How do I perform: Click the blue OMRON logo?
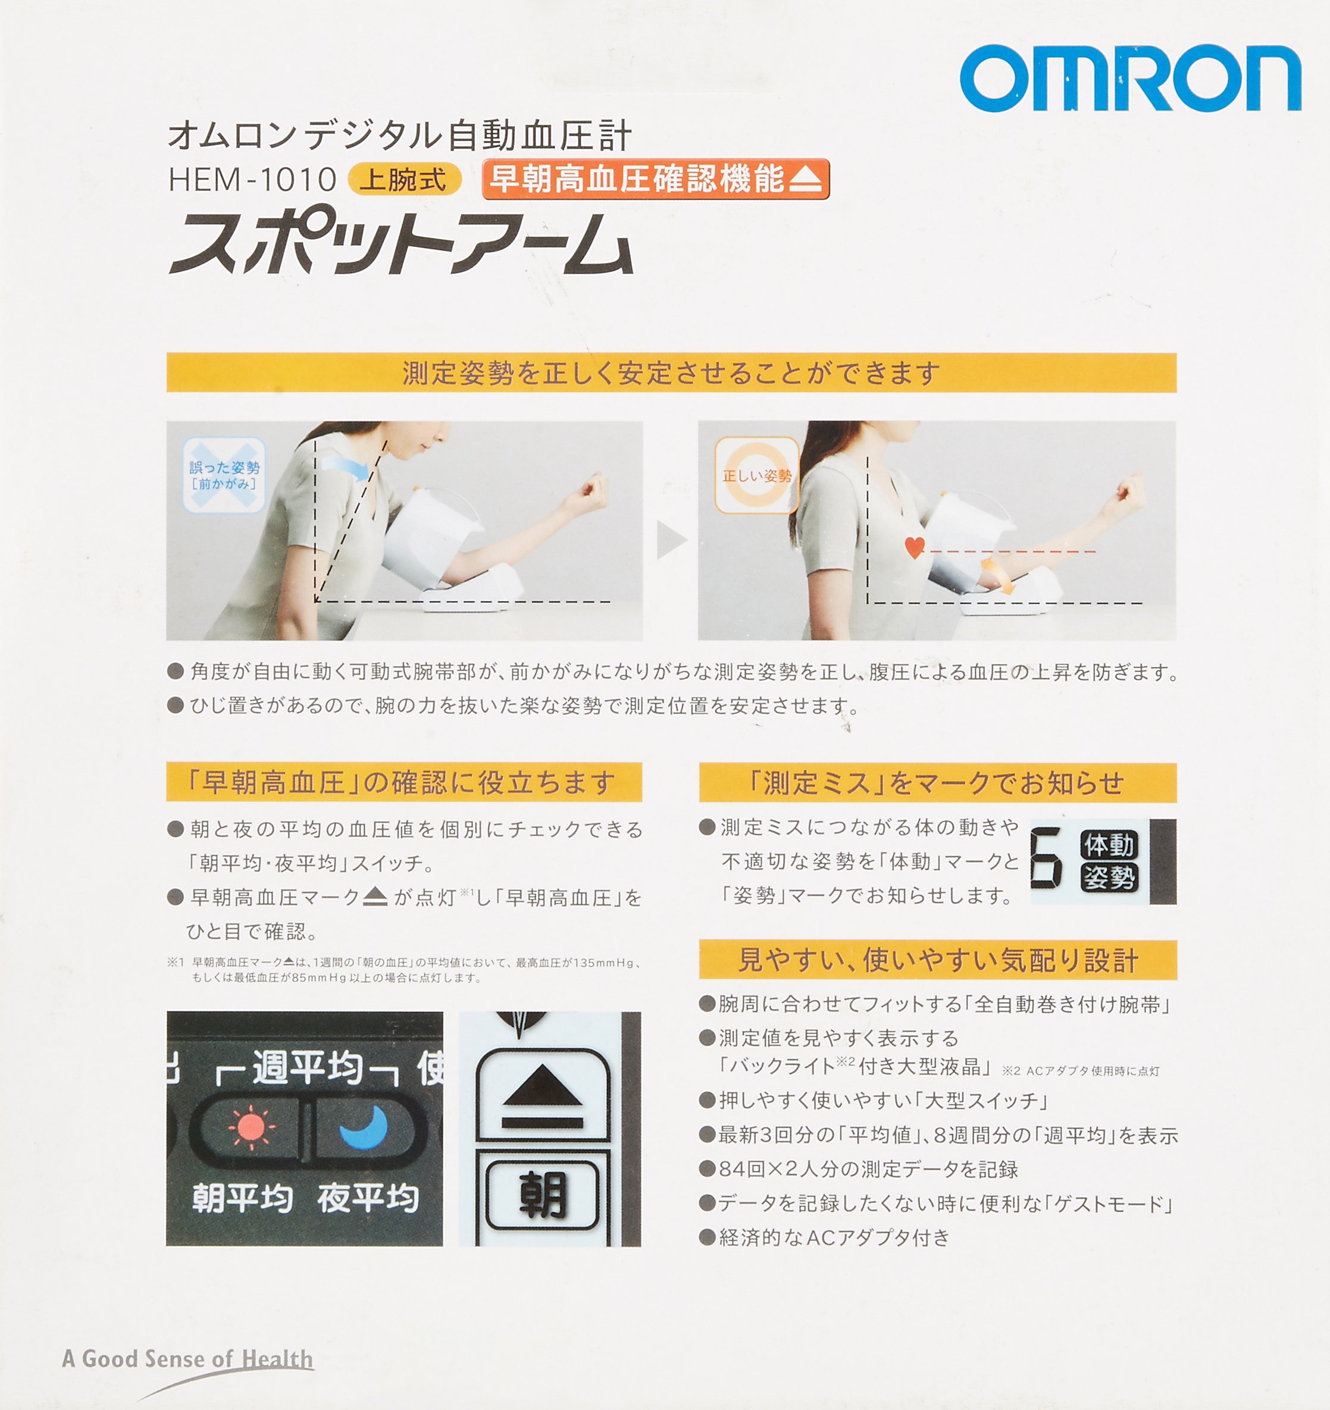point(1131,78)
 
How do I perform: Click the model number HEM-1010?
point(252,180)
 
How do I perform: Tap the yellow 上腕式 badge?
point(404,180)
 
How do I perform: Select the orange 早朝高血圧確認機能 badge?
point(655,178)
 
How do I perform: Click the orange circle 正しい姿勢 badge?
point(757,475)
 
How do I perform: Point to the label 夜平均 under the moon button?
point(367,1198)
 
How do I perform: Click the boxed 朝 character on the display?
point(543,1195)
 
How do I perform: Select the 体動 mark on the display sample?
point(1109,845)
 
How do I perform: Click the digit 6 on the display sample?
point(1046,857)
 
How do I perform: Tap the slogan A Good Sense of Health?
point(187,1359)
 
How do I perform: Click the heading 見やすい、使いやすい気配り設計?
point(938,960)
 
